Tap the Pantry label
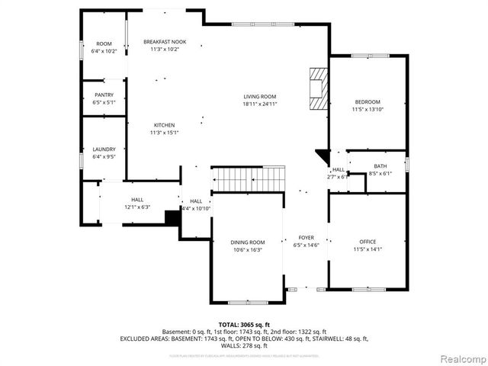pyautogui.click(x=104, y=95)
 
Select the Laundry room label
pyautogui.click(x=104, y=149)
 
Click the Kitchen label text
pyautogui.click(x=165, y=125)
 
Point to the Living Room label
pyautogui.click(x=259, y=96)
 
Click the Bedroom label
pyautogui.click(x=367, y=102)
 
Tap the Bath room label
pyautogui.click(x=380, y=165)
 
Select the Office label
pyautogui.click(x=368, y=242)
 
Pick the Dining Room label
pyautogui.click(x=247, y=242)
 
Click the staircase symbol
pyautogui.click(x=247, y=179)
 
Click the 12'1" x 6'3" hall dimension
pyautogui.click(x=137, y=207)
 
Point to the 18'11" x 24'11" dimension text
pyautogui.click(x=259, y=104)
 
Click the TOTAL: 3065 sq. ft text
pyautogui.click(x=244, y=325)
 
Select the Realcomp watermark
pyautogui.click(x=461, y=358)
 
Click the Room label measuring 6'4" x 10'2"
pyautogui.click(x=104, y=44)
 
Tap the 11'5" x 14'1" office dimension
pyautogui.click(x=368, y=249)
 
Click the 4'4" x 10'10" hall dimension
pyautogui.click(x=196, y=208)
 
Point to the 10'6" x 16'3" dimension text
pyautogui.click(x=247, y=249)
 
